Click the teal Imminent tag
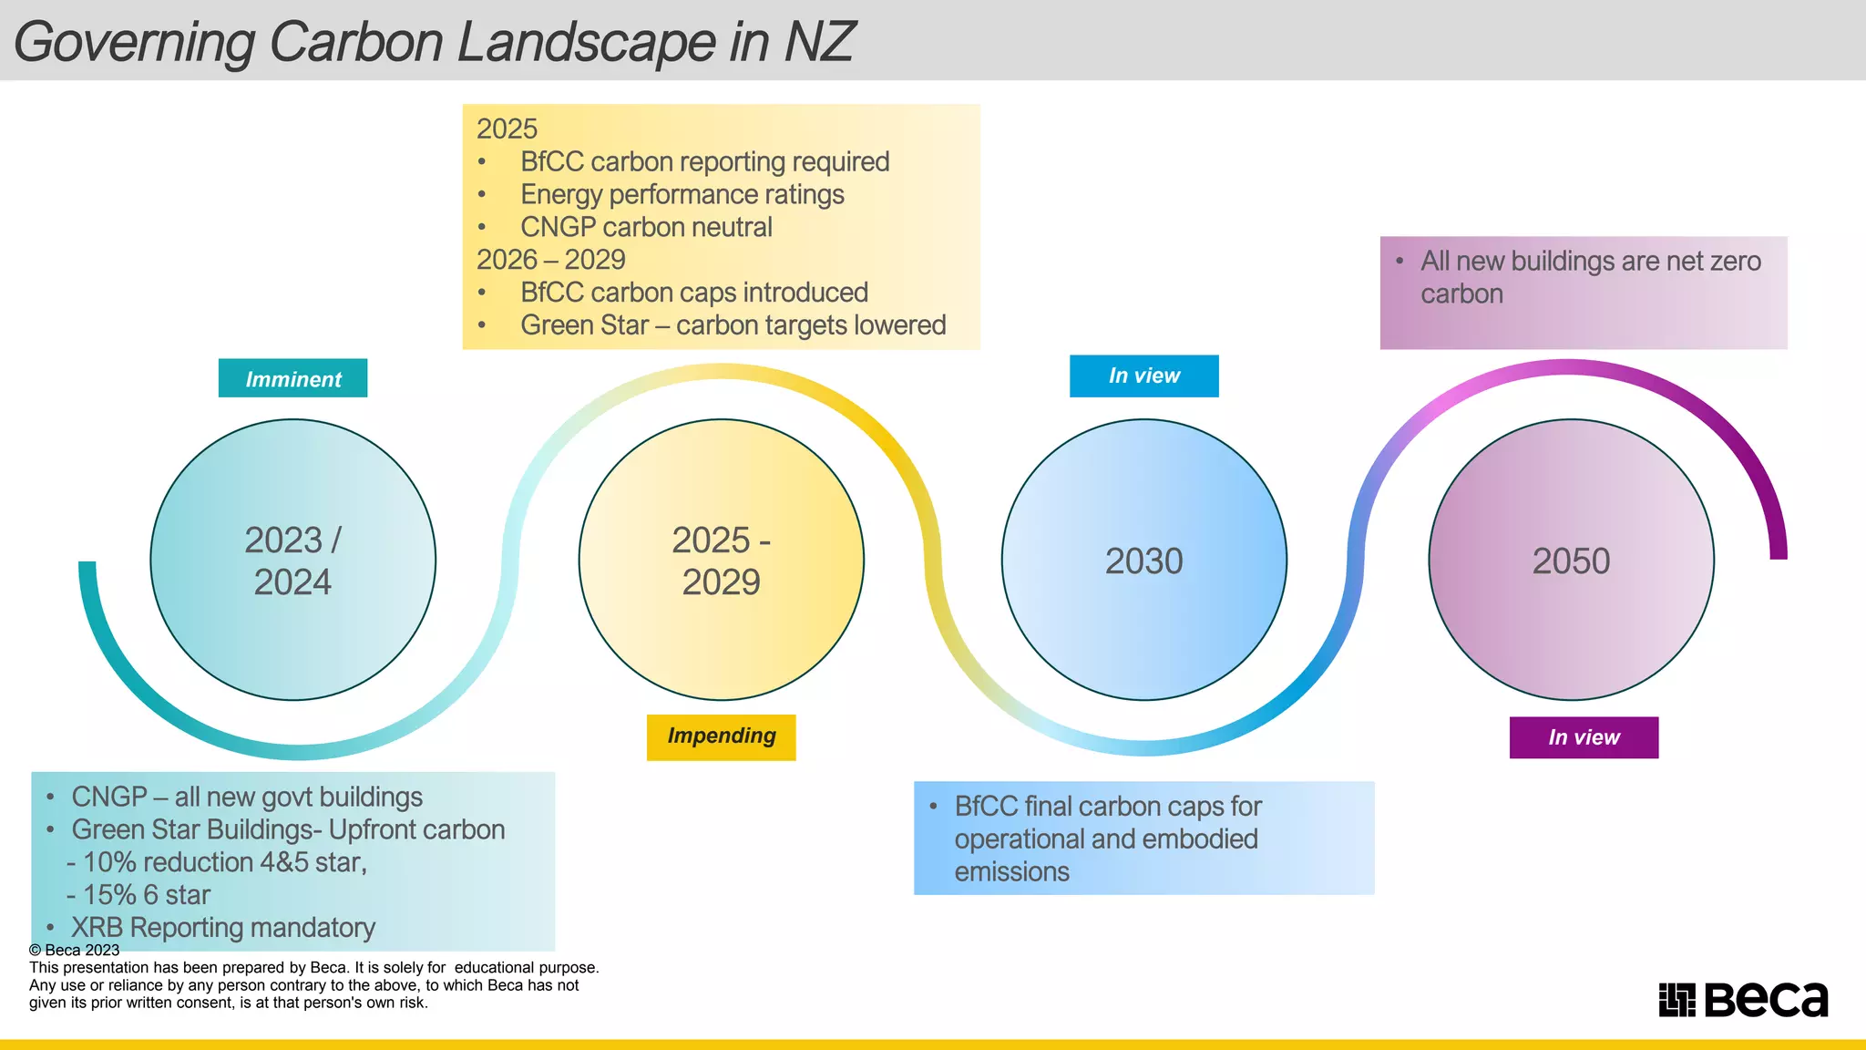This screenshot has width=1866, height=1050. [x=292, y=378]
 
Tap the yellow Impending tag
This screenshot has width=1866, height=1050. [x=721, y=736]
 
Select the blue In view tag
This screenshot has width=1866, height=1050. [x=1143, y=376]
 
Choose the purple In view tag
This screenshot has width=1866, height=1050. [x=1584, y=737]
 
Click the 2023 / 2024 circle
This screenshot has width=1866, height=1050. [x=292, y=560]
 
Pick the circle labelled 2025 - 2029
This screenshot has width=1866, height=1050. [x=721, y=560]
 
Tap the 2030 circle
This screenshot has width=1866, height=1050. [x=1143, y=560]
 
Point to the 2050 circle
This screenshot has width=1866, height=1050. [x=1571, y=560]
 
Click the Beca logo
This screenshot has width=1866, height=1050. [x=1742, y=1000]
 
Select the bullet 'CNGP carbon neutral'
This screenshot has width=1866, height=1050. [x=646, y=227]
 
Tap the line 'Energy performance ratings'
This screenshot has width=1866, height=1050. [x=682, y=194]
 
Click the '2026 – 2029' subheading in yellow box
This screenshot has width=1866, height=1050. [x=550, y=260]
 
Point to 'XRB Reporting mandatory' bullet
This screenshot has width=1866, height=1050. [x=223, y=928]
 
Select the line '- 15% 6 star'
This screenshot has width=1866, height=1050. [x=138, y=895]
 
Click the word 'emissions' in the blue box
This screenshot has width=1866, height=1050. [x=1011, y=872]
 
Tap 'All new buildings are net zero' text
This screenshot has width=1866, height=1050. [x=1590, y=262]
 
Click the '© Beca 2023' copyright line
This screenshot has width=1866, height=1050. [x=75, y=950]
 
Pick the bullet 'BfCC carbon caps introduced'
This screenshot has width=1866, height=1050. [x=693, y=293]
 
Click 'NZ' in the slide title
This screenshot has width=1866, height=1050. [x=819, y=42]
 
